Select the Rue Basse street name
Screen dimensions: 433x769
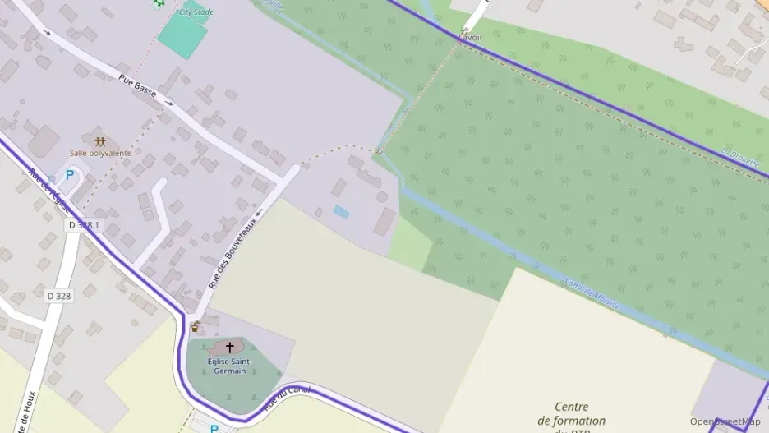pyautogui.click(x=138, y=86)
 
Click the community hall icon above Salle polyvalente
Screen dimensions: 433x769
pyautogui.click(x=100, y=141)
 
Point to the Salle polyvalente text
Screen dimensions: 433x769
pyautogui.click(x=100, y=153)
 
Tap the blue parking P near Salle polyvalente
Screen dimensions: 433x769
pyautogui.click(x=70, y=174)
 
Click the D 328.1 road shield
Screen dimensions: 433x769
pyautogui.click(x=84, y=224)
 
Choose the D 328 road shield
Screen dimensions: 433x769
pyautogui.click(x=59, y=296)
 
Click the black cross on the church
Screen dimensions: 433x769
pyautogui.click(x=230, y=347)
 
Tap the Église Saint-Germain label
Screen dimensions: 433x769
pyautogui.click(x=230, y=366)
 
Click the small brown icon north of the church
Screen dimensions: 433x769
pyautogui.click(x=196, y=327)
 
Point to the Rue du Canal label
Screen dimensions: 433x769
pyautogui.click(x=287, y=398)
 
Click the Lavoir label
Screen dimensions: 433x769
pyautogui.click(x=471, y=38)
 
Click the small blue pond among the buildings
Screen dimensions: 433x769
pyautogui.click(x=341, y=212)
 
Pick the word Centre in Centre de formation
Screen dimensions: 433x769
pyautogui.click(x=572, y=407)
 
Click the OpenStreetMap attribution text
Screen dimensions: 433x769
pyautogui.click(x=725, y=421)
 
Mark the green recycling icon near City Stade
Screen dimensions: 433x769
pyautogui.click(x=158, y=3)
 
